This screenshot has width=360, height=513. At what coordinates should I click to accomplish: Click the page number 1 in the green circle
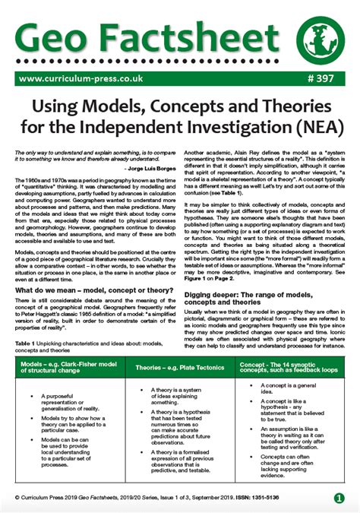pyautogui.click(x=338, y=499)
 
